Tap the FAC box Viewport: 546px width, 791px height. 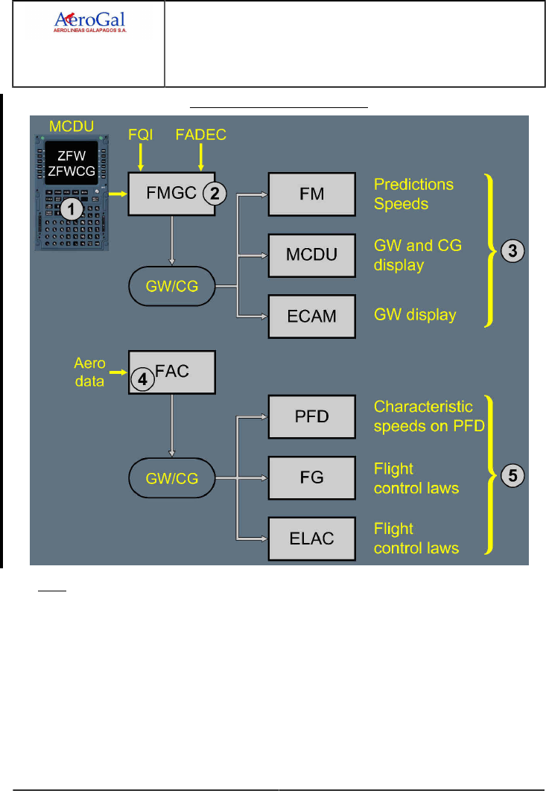pyautogui.click(x=171, y=372)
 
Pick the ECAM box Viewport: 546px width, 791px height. pyautogui.click(x=311, y=315)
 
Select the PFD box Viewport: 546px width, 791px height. pyautogui.click(x=311, y=416)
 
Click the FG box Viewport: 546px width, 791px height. pyautogui.click(x=311, y=477)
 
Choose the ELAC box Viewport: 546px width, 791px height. pyautogui.click(x=311, y=537)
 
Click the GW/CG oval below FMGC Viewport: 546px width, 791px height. pyautogui.click(x=171, y=285)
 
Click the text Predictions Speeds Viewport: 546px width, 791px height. pyautogui.click(x=413, y=194)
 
